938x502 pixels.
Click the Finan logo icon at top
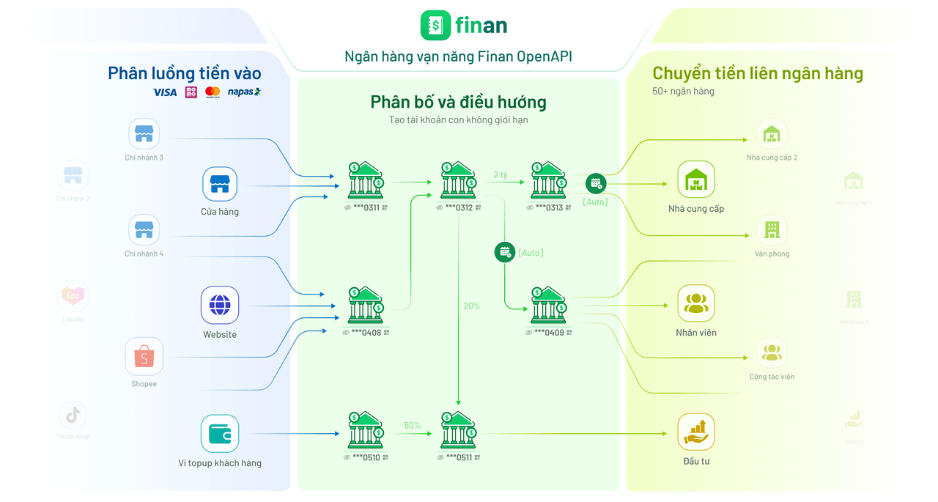[435, 26]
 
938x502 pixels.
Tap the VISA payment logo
[165, 92]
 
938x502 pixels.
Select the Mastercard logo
[213, 92]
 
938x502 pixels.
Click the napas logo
[244, 92]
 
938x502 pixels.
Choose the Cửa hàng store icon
[220, 184]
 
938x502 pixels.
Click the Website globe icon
[220, 305]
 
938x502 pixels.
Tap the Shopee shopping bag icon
[144, 356]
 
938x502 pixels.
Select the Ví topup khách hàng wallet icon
[220, 433]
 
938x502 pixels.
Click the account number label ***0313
[549, 207]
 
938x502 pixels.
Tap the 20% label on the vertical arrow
[471, 306]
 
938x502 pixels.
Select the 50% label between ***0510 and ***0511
[412, 425]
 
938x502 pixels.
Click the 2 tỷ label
[501, 174]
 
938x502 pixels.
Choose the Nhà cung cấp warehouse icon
[695, 180]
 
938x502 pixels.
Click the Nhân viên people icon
[695, 303]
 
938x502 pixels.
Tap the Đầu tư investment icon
[695, 432]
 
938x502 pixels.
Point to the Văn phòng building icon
[772, 230]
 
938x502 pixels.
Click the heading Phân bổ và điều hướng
[458, 102]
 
